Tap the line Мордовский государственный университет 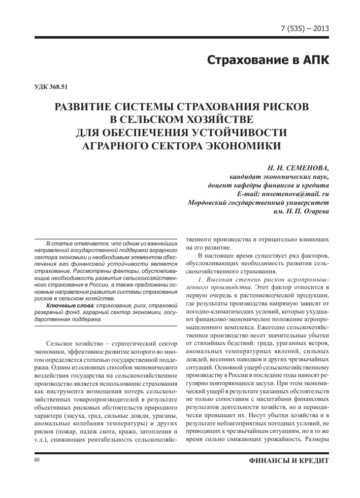258,203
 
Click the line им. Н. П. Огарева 301,212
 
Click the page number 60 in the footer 36,459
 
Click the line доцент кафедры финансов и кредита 266,185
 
